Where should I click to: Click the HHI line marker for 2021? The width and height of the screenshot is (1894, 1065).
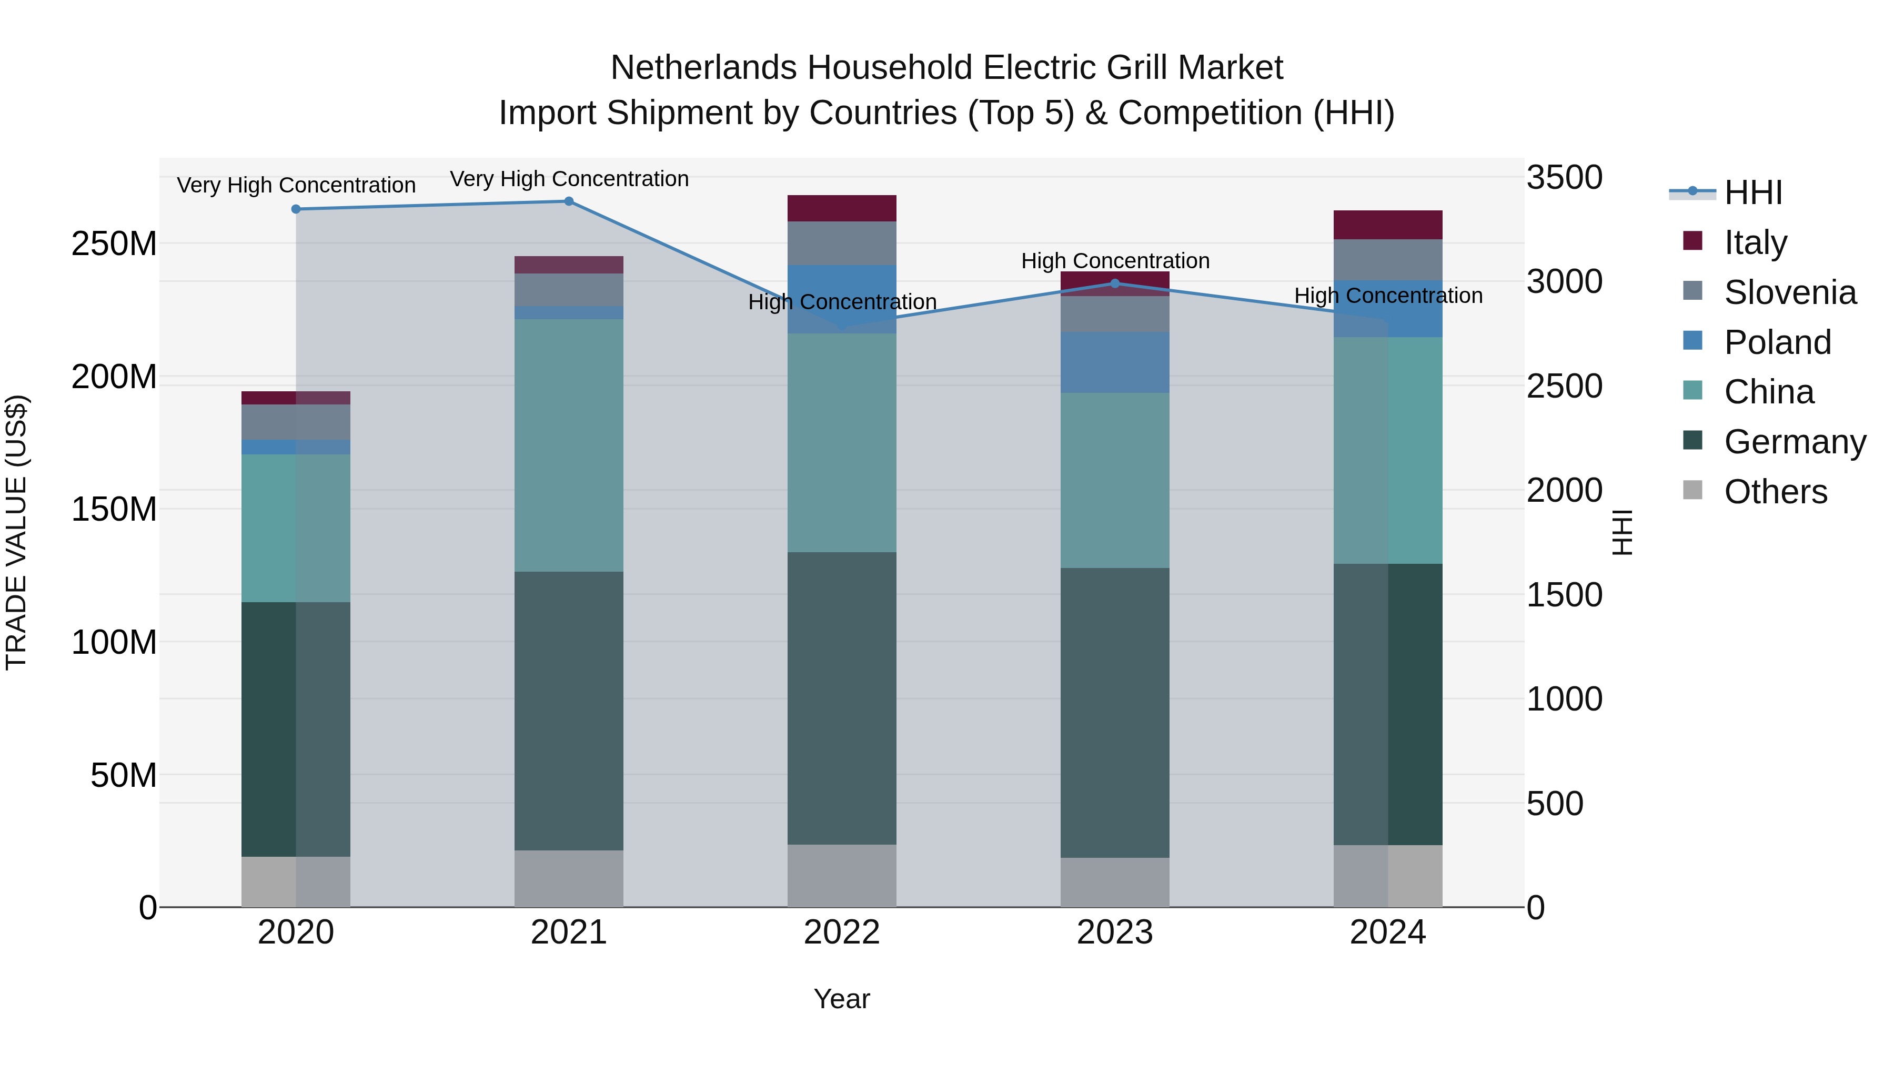(x=568, y=201)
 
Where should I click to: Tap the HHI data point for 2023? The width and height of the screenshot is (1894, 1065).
(x=1115, y=283)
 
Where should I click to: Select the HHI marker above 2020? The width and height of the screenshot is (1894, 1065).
(x=296, y=209)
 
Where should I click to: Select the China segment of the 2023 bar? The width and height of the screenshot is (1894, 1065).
(x=1115, y=480)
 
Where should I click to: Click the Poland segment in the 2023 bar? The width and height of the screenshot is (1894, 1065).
(x=1115, y=362)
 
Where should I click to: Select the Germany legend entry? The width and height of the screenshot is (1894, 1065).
(x=1794, y=442)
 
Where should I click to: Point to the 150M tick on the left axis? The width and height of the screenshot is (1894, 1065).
(x=114, y=509)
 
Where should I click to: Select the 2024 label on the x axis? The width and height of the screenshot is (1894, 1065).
(x=1387, y=932)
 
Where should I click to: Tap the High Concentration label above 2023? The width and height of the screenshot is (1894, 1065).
(x=1115, y=261)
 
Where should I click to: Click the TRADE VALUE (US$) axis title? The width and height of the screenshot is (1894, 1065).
(x=16, y=532)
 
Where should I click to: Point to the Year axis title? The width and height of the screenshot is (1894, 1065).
(x=842, y=999)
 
